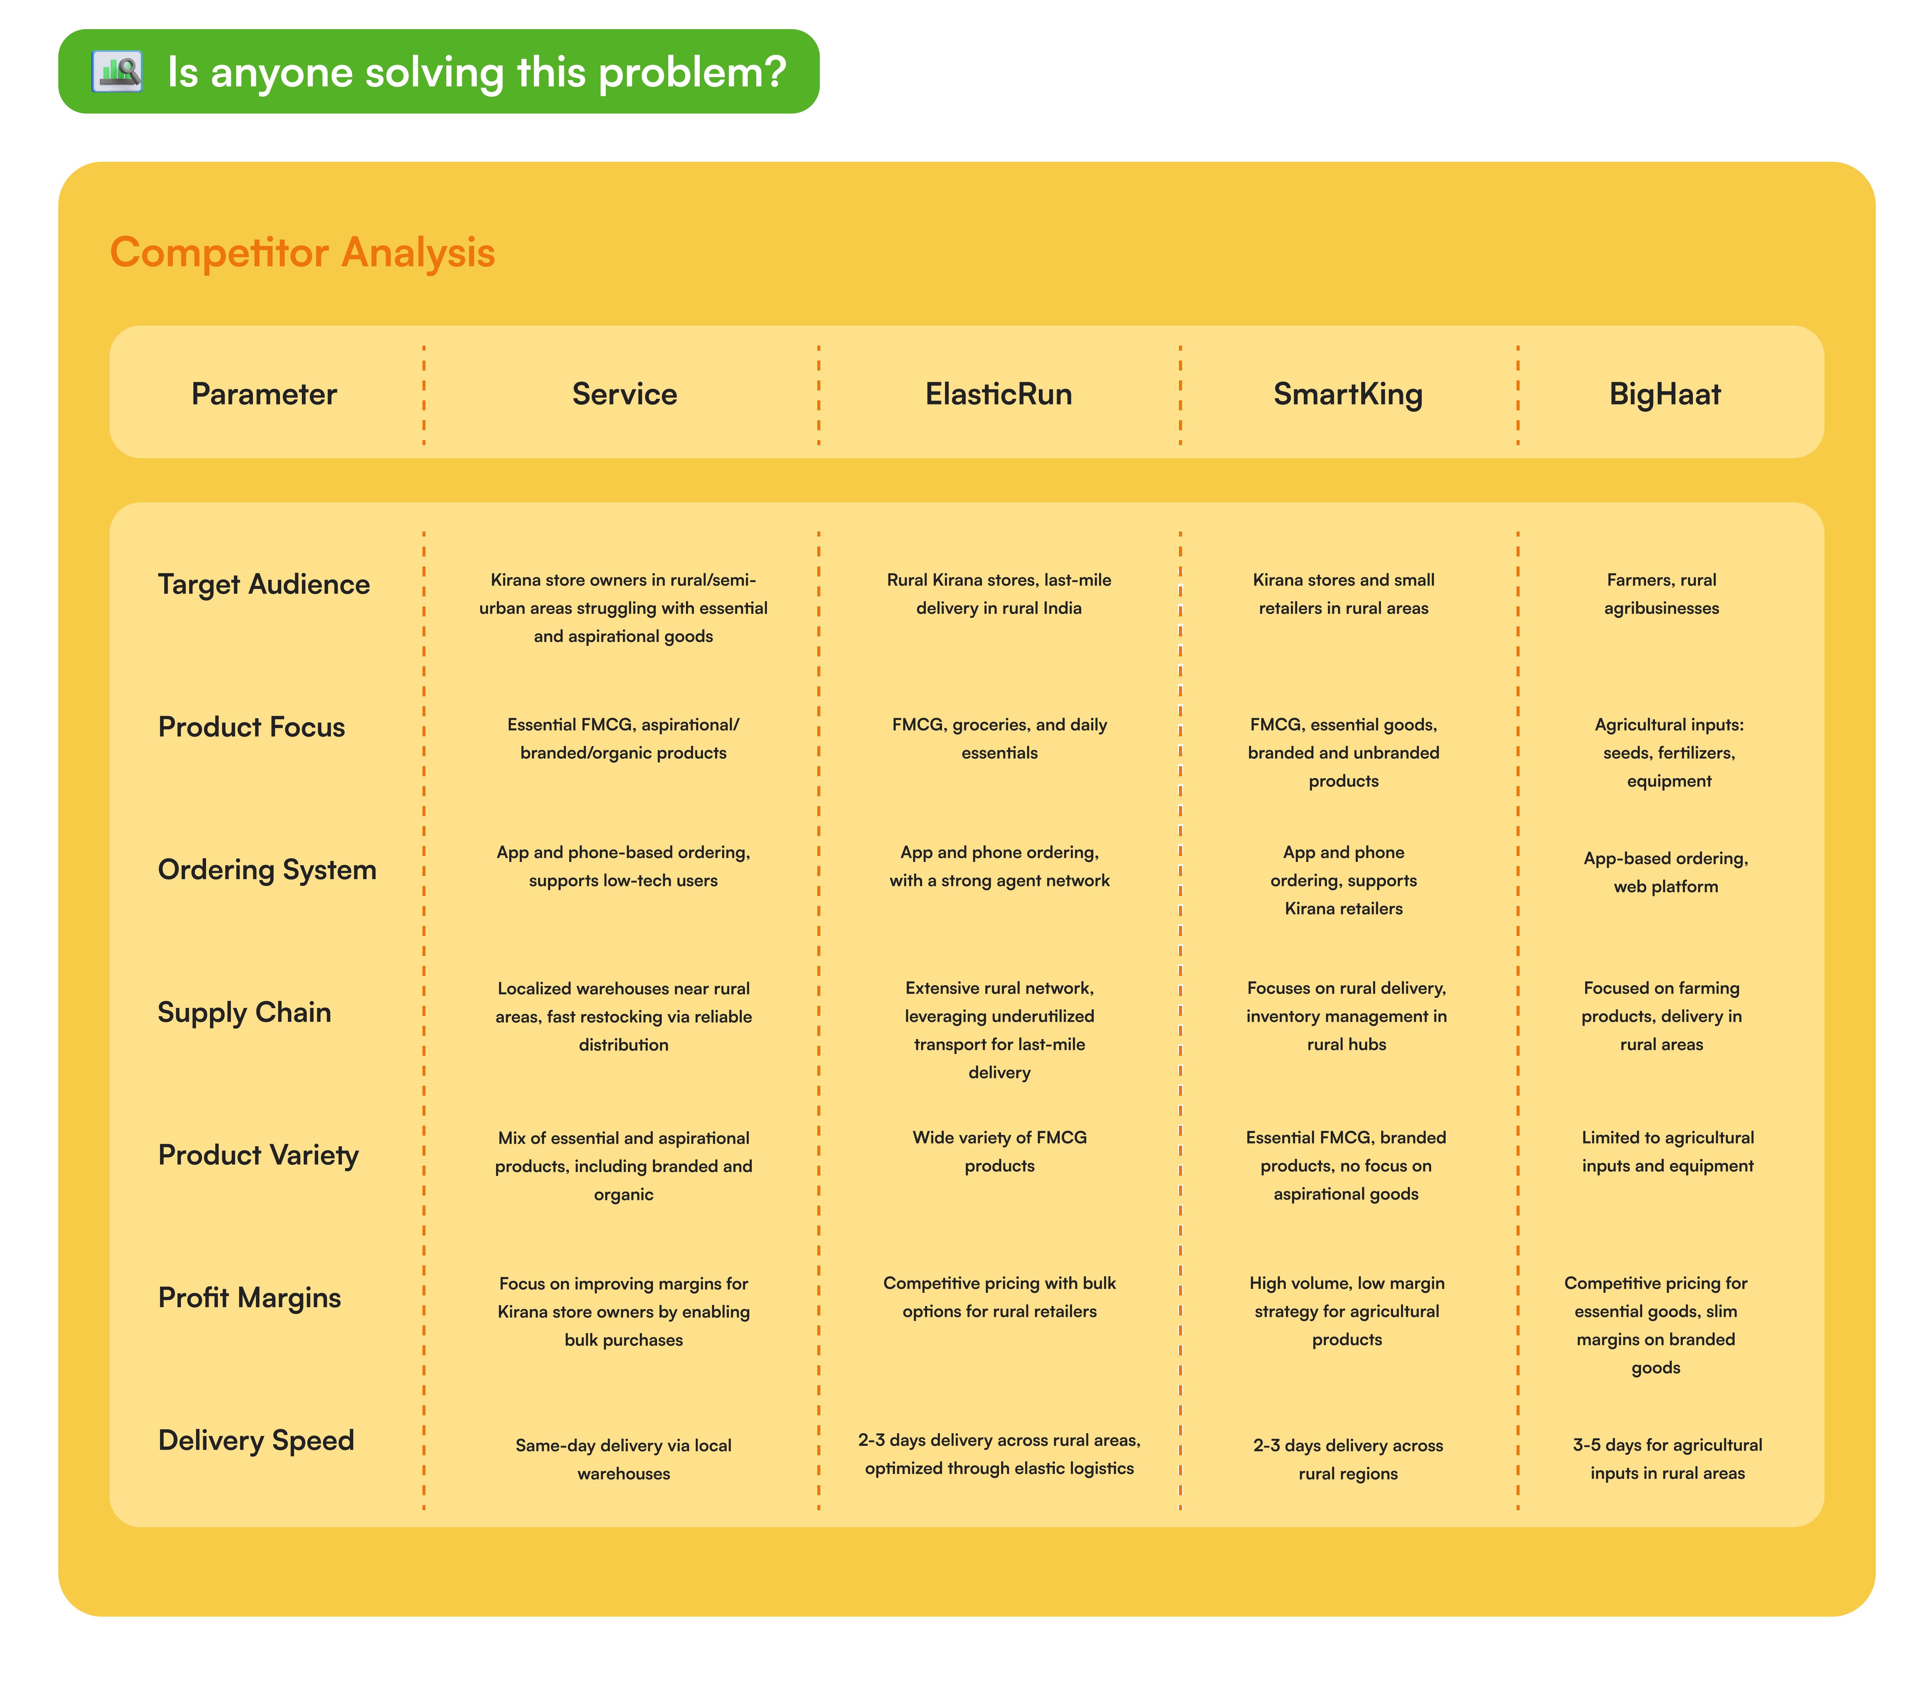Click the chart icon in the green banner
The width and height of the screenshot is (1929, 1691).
[117, 72]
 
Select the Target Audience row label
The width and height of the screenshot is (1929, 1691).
[263, 584]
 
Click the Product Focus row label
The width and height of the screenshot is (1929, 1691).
[251, 727]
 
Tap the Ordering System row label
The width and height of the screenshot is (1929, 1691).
[267, 869]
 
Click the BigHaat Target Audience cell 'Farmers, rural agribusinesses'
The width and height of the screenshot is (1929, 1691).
[1661, 594]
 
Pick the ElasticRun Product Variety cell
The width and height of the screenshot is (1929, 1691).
[999, 1151]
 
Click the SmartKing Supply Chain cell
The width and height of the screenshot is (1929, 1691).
[1346, 1015]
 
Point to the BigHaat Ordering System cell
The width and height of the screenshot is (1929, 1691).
[1666, 872]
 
